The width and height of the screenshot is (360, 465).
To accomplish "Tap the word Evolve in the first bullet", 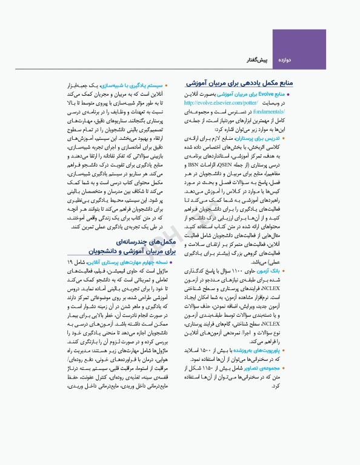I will tap(266, 95).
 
